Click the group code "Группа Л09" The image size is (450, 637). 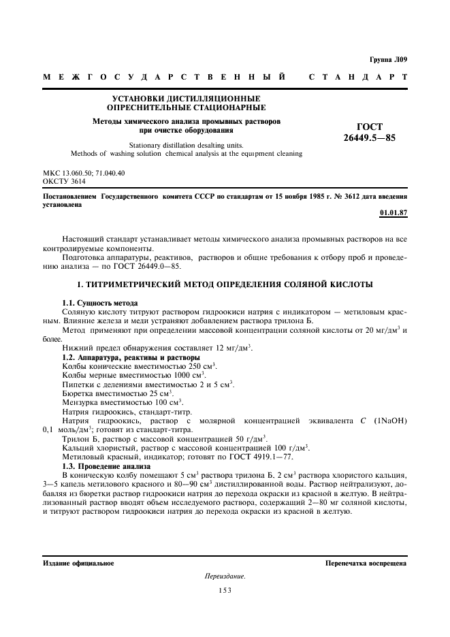(389, 60)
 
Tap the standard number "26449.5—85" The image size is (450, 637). (370, 137)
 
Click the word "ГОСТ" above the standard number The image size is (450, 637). (370, 127)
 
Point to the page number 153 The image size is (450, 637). (225, 591)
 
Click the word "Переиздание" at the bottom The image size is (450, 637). (225, 576)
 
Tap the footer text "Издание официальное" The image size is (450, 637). (78, 563)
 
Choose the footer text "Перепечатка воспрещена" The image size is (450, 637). (366, 563)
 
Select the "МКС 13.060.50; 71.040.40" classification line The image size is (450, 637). (84, 174)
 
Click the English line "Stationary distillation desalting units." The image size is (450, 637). (186, 145)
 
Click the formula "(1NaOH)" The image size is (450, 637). (391, 420)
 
